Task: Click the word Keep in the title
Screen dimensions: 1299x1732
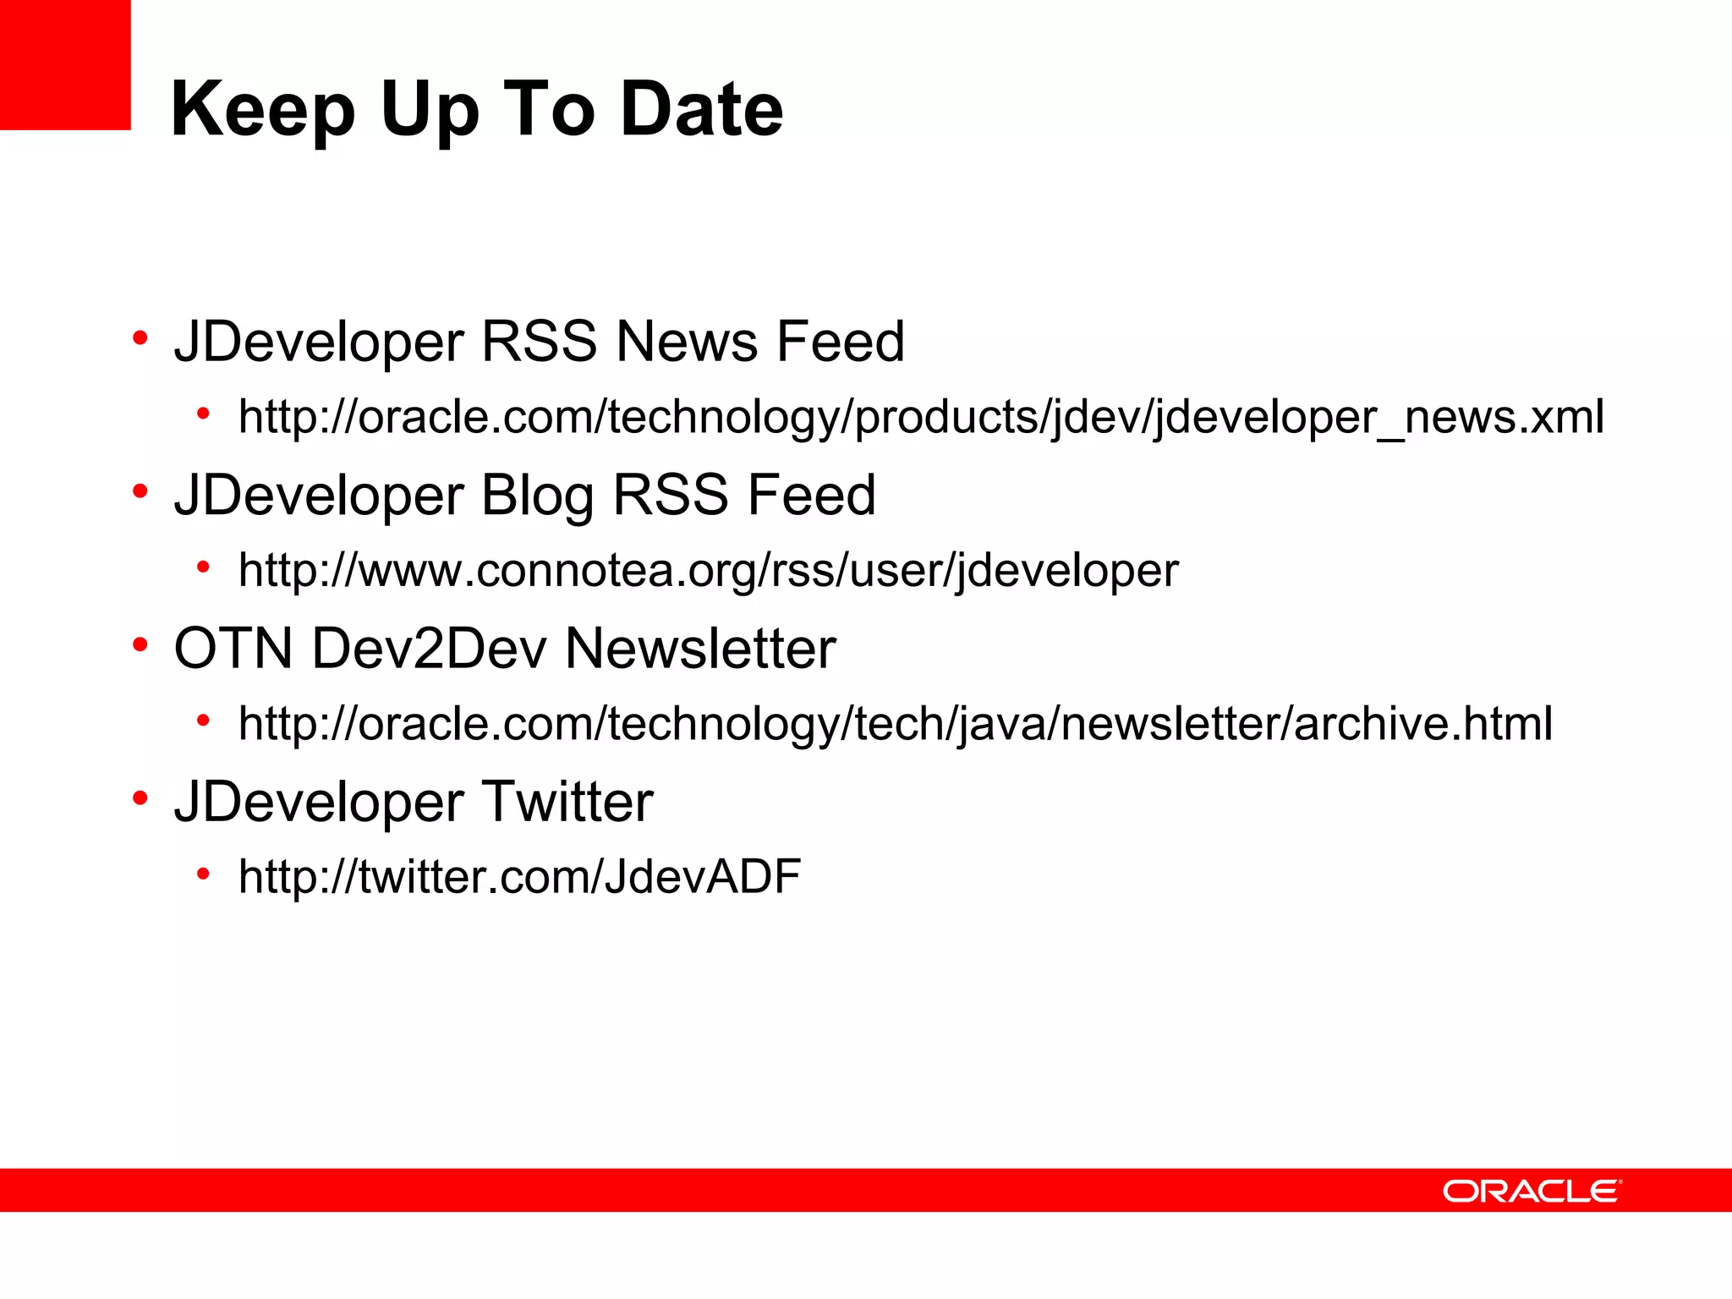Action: [262, 110]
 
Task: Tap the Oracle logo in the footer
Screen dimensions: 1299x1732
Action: [1532, 1191]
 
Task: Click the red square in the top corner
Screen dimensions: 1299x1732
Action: [65, 64]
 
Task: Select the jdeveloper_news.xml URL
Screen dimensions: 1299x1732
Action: [921, 417]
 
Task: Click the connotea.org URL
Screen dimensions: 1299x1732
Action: [708, 570]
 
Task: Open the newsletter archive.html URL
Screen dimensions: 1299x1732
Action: [895, 724]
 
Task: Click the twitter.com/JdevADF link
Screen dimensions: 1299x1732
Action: [519, 876]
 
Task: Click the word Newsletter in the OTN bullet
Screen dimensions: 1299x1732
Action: [700, 649]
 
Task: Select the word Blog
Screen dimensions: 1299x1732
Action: [537, 496]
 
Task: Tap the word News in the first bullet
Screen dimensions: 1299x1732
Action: [687, 342]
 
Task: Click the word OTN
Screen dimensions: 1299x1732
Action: [233, 649]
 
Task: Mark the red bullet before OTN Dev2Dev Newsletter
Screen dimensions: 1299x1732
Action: [140, 644]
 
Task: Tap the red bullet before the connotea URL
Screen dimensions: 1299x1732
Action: [203, 567]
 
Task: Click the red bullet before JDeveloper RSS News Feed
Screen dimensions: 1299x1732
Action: [140, 338]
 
